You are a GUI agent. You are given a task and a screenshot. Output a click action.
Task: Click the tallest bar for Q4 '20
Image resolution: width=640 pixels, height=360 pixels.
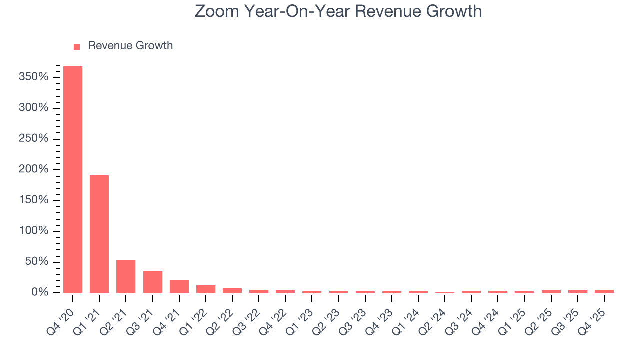pos(73,179)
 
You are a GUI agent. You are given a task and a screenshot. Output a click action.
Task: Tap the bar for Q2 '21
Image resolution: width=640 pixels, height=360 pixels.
pos(126,276)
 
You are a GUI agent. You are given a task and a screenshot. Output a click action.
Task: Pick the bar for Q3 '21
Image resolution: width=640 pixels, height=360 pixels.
pos(152,282)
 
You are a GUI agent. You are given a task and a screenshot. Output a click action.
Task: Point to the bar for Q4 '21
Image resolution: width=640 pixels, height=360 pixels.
pos(179,286)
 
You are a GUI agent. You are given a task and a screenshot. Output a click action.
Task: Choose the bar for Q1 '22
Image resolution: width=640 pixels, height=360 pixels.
pos(206,289)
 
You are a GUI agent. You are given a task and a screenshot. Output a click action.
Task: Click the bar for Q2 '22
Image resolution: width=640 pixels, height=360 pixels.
pos(232,290)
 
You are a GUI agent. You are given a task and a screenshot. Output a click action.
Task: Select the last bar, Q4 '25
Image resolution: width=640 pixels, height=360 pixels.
pos(604,291)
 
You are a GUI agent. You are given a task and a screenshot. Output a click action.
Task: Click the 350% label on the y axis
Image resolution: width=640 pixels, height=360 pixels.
pos(34,77)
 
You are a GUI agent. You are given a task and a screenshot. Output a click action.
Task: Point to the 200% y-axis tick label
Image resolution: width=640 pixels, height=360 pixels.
pos(34,170)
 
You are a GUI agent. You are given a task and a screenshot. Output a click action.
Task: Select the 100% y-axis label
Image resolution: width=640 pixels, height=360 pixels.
pos(34,231)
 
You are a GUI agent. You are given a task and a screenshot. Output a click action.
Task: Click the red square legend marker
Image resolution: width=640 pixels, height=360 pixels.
pos(77,46)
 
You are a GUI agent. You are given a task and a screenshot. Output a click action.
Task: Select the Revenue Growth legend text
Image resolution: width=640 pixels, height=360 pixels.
pos(130,46)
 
